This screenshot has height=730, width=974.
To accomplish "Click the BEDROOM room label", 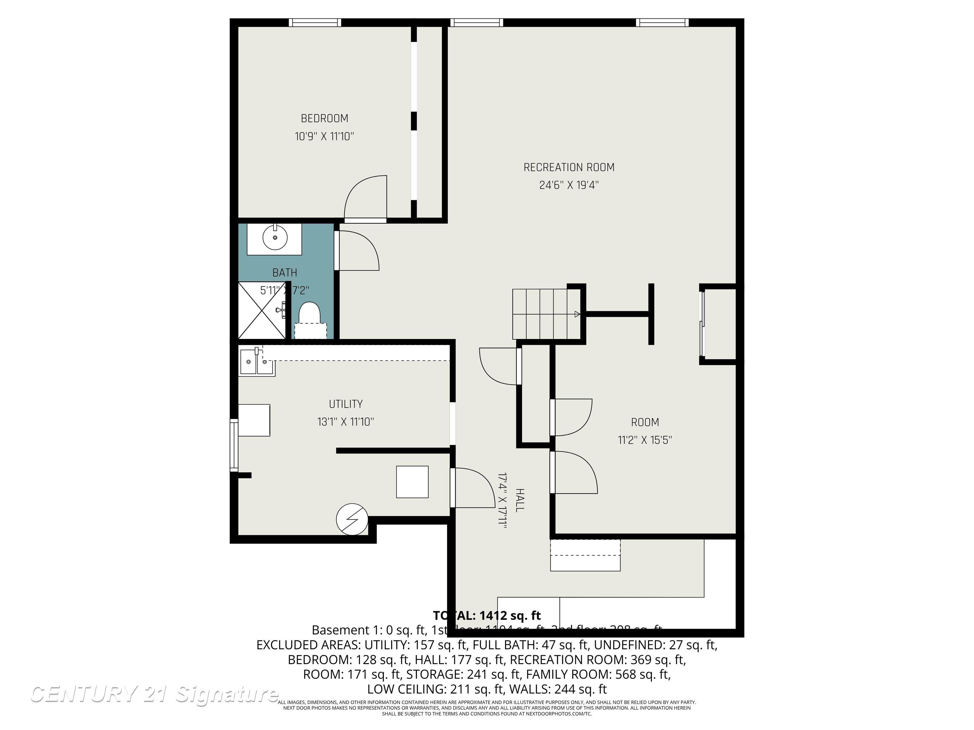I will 325,118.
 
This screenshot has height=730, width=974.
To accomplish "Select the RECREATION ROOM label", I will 569,167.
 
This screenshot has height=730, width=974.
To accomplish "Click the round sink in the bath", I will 275,238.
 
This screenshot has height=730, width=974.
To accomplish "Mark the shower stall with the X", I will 262,311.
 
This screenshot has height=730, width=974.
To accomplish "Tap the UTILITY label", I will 346,404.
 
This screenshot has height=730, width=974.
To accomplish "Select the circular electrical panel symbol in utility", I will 352,520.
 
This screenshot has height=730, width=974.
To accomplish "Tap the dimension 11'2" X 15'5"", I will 645,440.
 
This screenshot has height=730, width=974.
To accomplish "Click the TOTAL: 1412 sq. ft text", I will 487,615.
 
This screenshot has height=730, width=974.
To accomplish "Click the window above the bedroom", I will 315,22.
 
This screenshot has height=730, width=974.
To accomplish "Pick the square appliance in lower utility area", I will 412,482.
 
